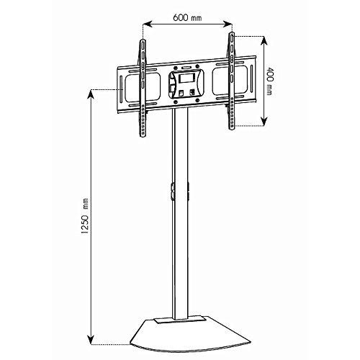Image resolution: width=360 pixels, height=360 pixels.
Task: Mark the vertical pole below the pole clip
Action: pyautogui.click(x=180, y=259)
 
